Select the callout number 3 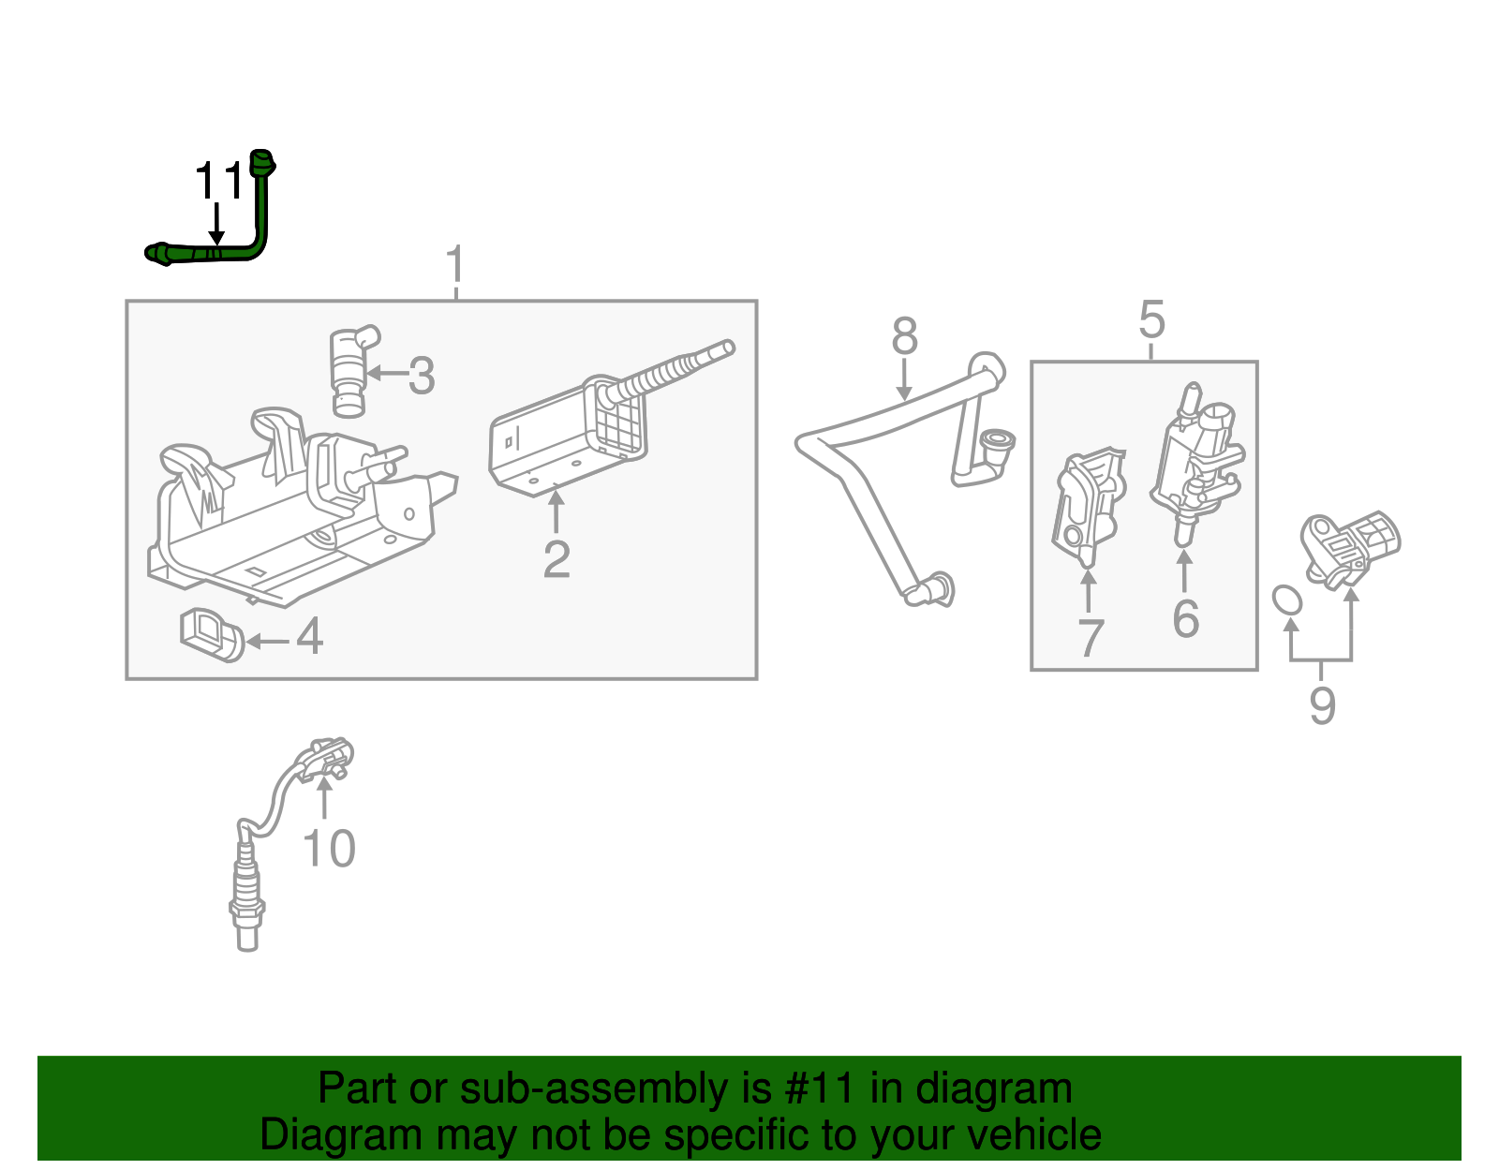pyautogui.click(x=422, y=376)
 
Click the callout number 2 pyautogui.click(x=557, y=559)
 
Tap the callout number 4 pyautogui.click(x=310, y=638)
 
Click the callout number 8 pyautogui.click(x=904, y=336)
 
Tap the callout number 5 pyautogui.click(x=1151, y=320)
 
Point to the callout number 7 pyautogui.click(x=1091, y=639)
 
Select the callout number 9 pyautogui.click(x=1322, y=704)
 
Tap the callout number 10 pyautogui.click(x=329, y=850)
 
